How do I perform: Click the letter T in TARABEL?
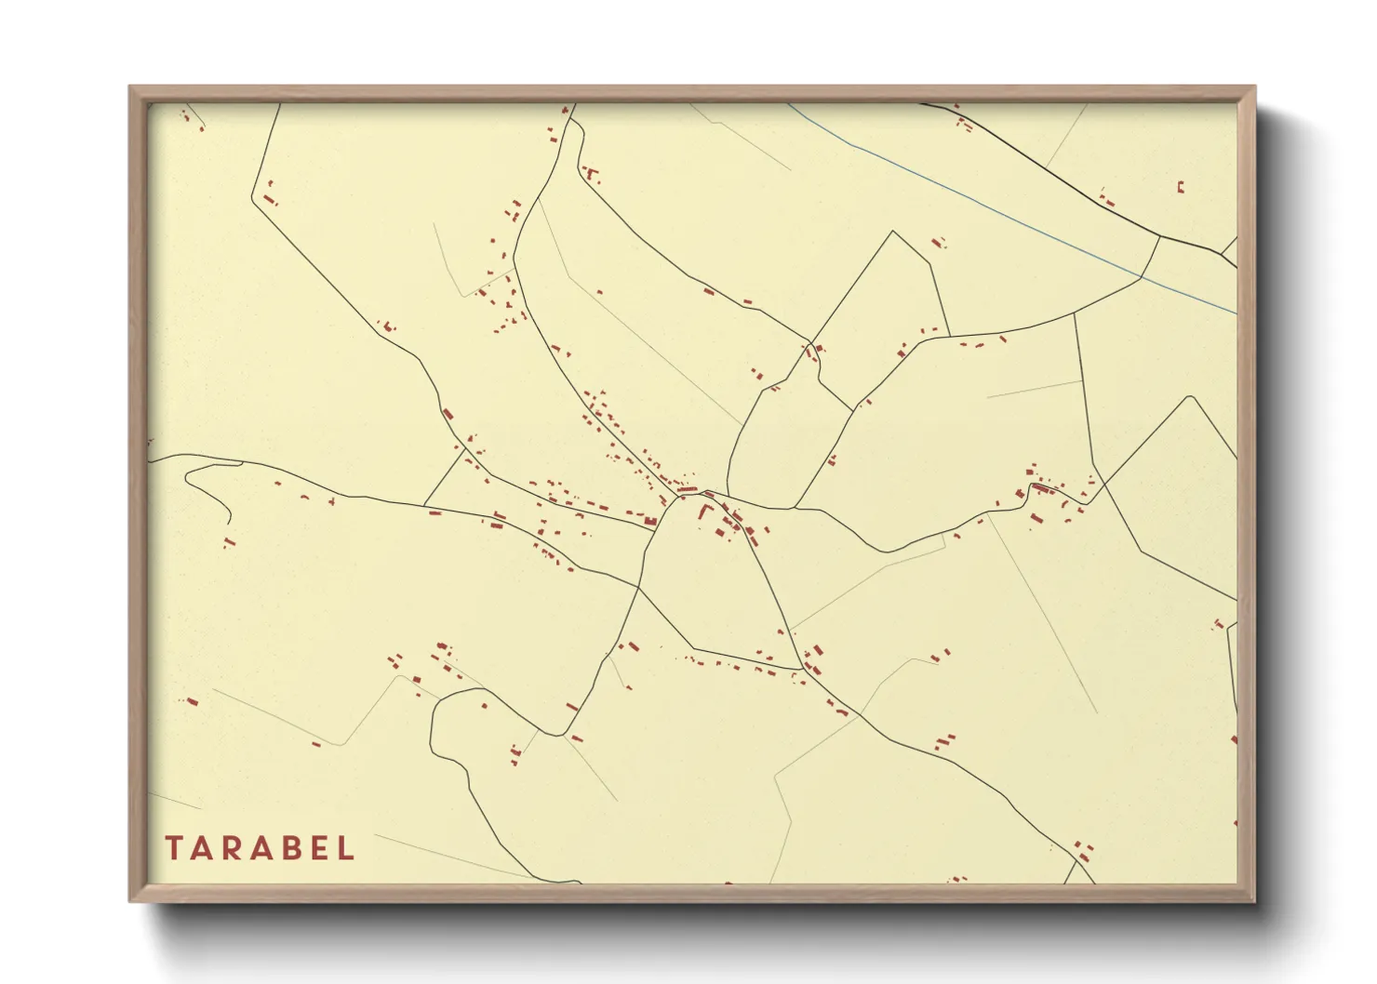(x=174, y=848)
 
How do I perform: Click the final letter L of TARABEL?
(x=346, y=848)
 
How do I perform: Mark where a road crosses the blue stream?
(x=1142, y=276)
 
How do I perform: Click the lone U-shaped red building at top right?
(x=1181, y=187)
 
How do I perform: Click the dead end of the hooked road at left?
(x=230, y=524)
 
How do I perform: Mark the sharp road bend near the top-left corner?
(x=253, y=198)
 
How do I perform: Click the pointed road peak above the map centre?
(x=893, y=232)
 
